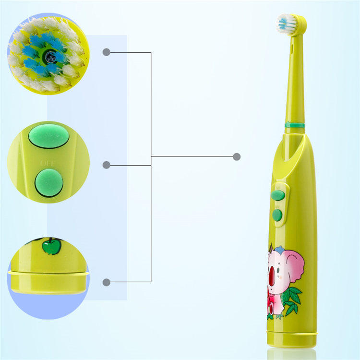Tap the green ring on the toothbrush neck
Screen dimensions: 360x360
[294, 125]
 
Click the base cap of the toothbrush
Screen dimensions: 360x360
[292, 338]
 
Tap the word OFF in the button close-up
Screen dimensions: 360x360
[48, 163]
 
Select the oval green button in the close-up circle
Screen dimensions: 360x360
[48, 136]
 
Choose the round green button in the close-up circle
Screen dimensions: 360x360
[48, 183]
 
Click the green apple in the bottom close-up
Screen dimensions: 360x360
[51, 246]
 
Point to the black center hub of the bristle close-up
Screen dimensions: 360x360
[49, 57]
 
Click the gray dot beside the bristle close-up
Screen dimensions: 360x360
[107, 52]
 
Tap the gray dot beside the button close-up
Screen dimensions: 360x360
[107, 165]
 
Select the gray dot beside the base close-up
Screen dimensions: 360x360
[107, 282]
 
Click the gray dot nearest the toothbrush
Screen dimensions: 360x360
[236, 156]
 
